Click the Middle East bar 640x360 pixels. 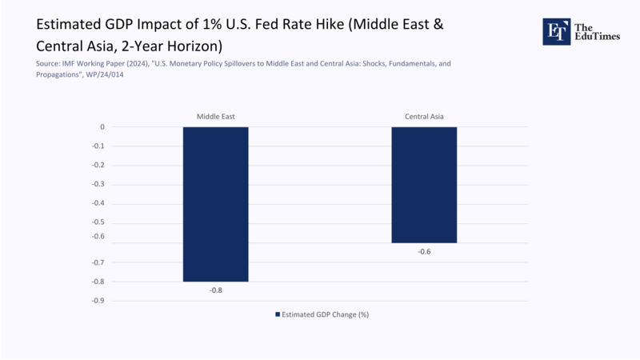pyautogui.click(x=215, y=204)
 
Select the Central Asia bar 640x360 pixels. pyautogui.click(x=424, y=184)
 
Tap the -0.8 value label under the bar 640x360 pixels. pyautogui.click(x=215, y=290)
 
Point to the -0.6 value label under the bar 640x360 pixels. pyautogui.click(x=424, y=251)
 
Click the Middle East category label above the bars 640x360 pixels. pyautogui.click(x=215, y=117)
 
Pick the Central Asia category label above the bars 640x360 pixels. pyautogui.click(x=424, y=117)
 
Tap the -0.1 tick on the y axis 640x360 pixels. pyautogui.click(x=98, y=146)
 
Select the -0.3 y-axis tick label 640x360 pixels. pyautogui.click(x=98, y=185)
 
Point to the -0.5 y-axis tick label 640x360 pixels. pyautogui.click(x=98, y=223)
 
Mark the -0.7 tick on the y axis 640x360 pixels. pyautogui.click(x=98, y=262)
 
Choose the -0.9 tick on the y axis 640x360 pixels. pyautogui.click(x=98, y=301)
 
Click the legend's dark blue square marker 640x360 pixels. pyautogui.click(x=278, y=314)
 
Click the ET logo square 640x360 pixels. pyautogui.click(x=556, y=31)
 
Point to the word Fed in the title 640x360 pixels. pyautogui.click(x=280, y=24)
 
